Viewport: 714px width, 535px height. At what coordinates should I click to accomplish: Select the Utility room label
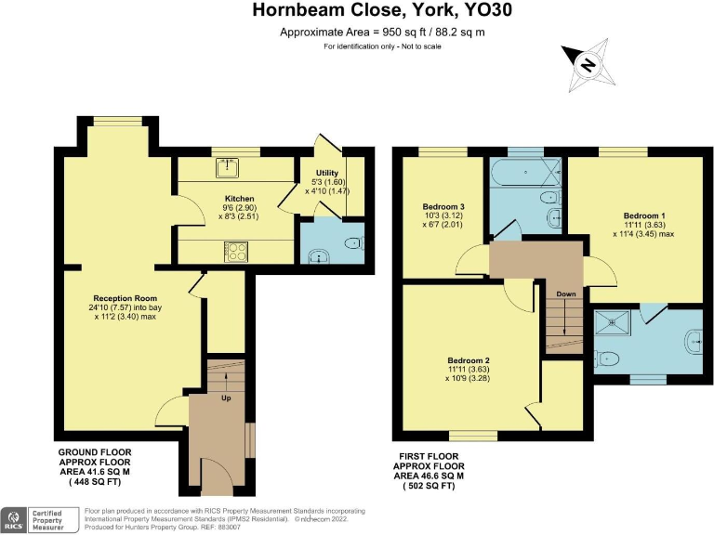(326, 174)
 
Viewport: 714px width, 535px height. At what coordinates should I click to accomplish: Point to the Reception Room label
(129, 298)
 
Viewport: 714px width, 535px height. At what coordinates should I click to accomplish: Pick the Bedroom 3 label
(443, 206)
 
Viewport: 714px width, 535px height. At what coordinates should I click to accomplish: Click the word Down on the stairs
(566, 294)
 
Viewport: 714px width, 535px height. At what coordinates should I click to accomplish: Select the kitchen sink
(226, 167)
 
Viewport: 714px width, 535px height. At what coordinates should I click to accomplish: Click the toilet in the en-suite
(609, 358)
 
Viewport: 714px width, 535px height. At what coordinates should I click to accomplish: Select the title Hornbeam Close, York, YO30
(356, 11)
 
